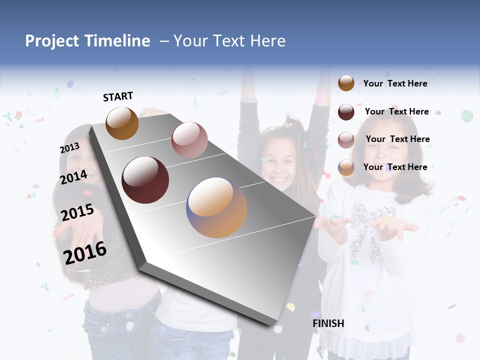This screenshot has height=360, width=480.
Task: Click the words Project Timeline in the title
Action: (x=87, y=41)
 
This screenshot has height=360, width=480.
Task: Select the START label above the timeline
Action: (x=118, y=96)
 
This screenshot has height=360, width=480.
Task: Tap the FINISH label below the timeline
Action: (x=328, y=323)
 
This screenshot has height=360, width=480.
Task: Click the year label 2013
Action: (x=69, y=148)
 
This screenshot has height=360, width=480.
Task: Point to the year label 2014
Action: (x=73, y=177)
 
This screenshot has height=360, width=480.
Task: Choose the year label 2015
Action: (x=77, y=213)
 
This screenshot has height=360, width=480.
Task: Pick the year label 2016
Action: (x=85, y=252)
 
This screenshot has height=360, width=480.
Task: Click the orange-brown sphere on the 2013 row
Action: (x=122, y=123)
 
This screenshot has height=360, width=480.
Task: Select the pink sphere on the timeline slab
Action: (x=189, y=140)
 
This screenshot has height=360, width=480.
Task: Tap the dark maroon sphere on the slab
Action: (x=145, y=179)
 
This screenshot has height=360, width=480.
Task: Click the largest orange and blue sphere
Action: (x=216, y=207)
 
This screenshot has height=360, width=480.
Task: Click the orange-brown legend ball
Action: (x=346, y=83)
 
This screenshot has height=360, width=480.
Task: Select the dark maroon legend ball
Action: (x=346, y=112)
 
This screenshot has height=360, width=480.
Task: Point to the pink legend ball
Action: (x=346, y=140)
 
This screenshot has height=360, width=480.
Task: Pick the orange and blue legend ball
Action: (x=346, y=167)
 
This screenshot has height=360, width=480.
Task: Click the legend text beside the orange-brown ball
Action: (x=395, y=83)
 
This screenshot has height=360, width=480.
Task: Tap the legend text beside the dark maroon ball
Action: (x=396, y=111)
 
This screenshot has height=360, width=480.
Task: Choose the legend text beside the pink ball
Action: (x=397, y=139)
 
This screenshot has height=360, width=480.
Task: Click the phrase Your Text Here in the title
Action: (x=229, y=41)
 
